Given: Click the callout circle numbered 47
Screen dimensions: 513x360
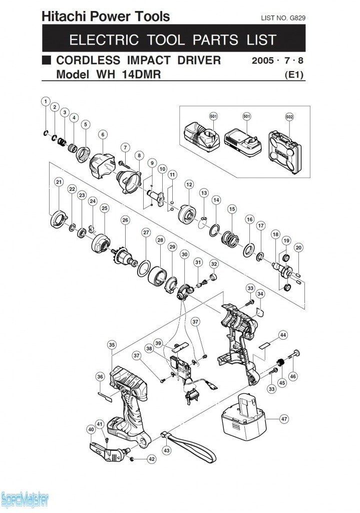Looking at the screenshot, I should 284,418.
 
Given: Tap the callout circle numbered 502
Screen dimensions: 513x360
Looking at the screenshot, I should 289,117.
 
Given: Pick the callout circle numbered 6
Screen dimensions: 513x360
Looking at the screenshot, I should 103,134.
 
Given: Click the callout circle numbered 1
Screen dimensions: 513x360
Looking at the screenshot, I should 46,102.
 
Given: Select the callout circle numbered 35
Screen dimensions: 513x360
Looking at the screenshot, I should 112,345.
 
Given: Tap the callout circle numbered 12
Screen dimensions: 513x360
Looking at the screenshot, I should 189,185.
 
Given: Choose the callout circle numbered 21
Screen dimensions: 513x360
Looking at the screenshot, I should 59,182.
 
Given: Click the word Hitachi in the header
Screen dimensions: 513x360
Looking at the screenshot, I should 60,17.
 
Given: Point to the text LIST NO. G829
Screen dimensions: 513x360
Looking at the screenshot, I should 283,18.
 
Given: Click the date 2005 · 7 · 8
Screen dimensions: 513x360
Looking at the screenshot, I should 279,61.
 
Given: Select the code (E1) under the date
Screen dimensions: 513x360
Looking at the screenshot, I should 294,75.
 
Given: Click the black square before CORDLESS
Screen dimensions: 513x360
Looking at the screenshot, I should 47,61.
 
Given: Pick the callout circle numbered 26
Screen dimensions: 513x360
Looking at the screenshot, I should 125,220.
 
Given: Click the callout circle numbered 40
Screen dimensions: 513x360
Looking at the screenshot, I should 91,429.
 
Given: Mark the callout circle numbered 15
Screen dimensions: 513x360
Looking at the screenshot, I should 231,208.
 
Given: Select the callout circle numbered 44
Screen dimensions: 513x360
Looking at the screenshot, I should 283,335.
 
